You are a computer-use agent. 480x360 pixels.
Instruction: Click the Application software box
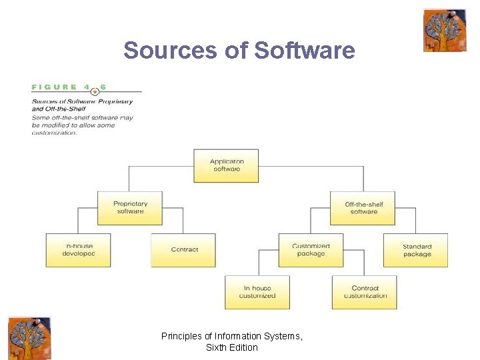point(226,165)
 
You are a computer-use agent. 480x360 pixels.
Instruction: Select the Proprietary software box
point(130,208)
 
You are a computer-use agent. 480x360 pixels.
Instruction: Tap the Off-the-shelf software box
point(363,208)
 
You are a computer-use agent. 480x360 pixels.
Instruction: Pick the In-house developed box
point(79,250)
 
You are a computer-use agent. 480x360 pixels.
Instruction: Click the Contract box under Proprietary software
point(183,250)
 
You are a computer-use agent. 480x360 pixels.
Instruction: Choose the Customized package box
point(311,250)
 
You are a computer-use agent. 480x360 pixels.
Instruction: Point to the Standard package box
point(416,250)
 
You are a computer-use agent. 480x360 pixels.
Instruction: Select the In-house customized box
point(257,292)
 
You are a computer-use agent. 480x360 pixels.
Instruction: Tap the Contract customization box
point(364,292)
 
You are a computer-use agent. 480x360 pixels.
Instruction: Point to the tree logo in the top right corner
point(445,30)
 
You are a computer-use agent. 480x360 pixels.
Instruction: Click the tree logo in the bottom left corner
point(29,338)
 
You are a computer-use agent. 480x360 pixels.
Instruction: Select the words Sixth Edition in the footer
point(231,347)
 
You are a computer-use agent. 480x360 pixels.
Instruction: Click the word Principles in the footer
point(181,337)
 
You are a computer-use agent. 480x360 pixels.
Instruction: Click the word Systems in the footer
point(285,337)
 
